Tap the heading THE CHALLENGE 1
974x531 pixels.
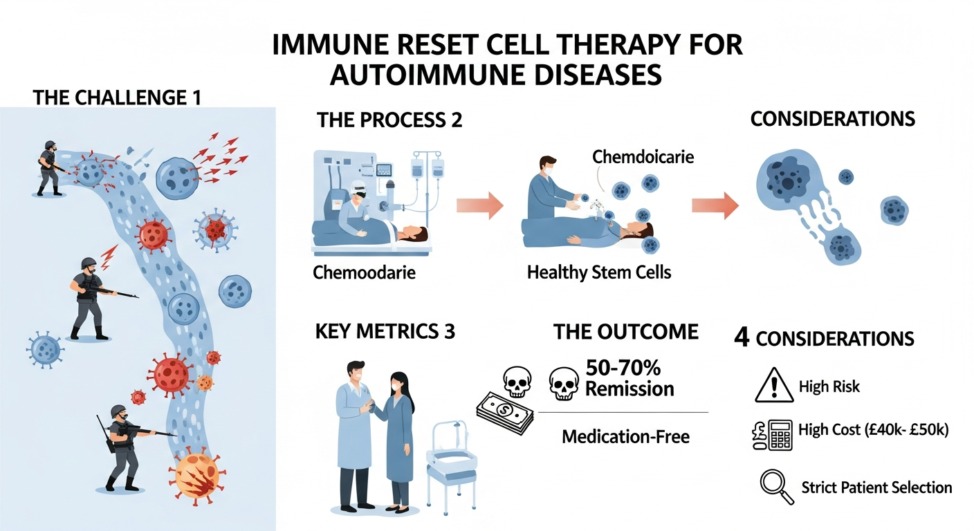[x=117, y=97]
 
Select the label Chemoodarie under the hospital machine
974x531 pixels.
[x=364, y=272]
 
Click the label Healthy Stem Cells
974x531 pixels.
[x=599, y=272]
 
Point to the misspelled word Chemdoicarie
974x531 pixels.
[x=643, y=157]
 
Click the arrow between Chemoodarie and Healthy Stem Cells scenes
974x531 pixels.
[x=479, y=205]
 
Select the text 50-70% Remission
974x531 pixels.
[x=629, y=378]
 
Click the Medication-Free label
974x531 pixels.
[x=625, y=436]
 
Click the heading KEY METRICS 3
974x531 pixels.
[x=385, y=331]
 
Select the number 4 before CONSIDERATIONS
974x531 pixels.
[x=741, y=339]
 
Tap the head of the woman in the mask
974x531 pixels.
[x=399, y=384]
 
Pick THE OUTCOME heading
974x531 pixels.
[x=626, y=331]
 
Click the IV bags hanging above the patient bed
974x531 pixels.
[x=428, y=168]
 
